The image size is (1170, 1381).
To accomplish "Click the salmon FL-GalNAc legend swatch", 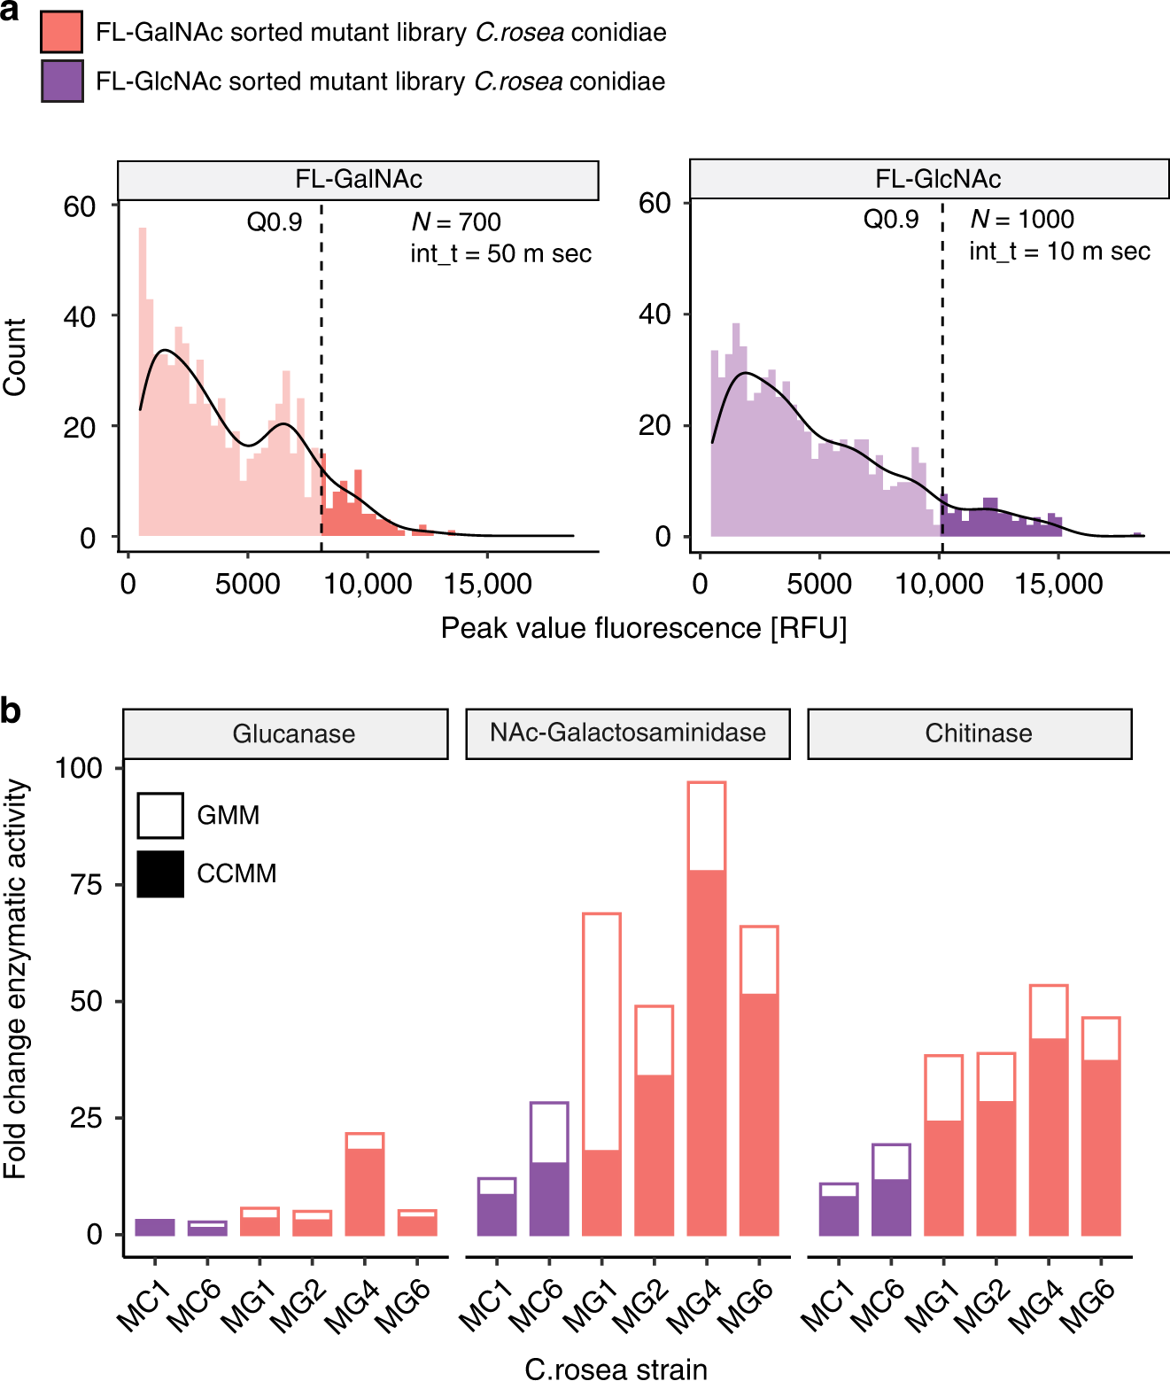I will [x=62, y=33].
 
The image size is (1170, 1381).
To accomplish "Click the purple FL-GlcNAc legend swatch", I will [x=62, y=81].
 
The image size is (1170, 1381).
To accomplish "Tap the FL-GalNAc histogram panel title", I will [x=358, y=180].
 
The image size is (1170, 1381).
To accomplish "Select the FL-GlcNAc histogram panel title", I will [x=938, y=180].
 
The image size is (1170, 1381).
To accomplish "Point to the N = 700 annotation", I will [x=456, y=222].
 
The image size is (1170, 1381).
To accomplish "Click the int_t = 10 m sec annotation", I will [x=1059, y=252].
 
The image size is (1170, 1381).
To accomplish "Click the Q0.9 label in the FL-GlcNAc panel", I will [x=891, y=220].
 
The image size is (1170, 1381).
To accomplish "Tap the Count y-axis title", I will [x=15, y=357].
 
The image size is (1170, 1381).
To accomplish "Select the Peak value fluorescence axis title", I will [x=644, y=628].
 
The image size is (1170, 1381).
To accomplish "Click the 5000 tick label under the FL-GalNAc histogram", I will [x=248, y=585].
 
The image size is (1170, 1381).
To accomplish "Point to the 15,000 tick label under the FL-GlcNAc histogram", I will [x=1059, y=585].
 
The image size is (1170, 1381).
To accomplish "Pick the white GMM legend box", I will [x=160, y=815].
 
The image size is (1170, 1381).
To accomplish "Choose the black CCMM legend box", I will [x=160, y=873].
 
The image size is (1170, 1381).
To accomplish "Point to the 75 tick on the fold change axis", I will [x=87, y=885].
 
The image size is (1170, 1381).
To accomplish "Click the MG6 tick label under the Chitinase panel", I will [x=1088, y=1306].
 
